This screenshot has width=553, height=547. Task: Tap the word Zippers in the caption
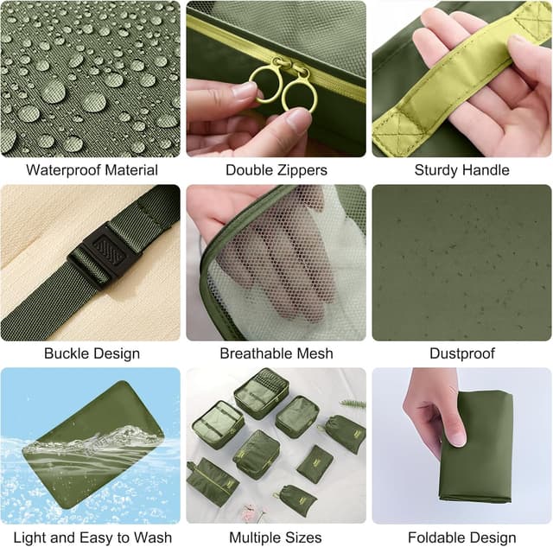302,170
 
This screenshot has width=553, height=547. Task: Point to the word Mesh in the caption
315,353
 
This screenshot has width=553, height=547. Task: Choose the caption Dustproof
462,353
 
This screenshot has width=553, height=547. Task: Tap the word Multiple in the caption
256,538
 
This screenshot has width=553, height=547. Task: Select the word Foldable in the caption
435,537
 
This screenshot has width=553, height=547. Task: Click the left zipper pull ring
266,84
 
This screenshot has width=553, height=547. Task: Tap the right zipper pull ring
300,95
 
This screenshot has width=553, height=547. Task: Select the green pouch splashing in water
93,444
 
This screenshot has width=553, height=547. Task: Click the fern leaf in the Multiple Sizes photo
353,404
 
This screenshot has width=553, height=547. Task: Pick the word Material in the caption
131,170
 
